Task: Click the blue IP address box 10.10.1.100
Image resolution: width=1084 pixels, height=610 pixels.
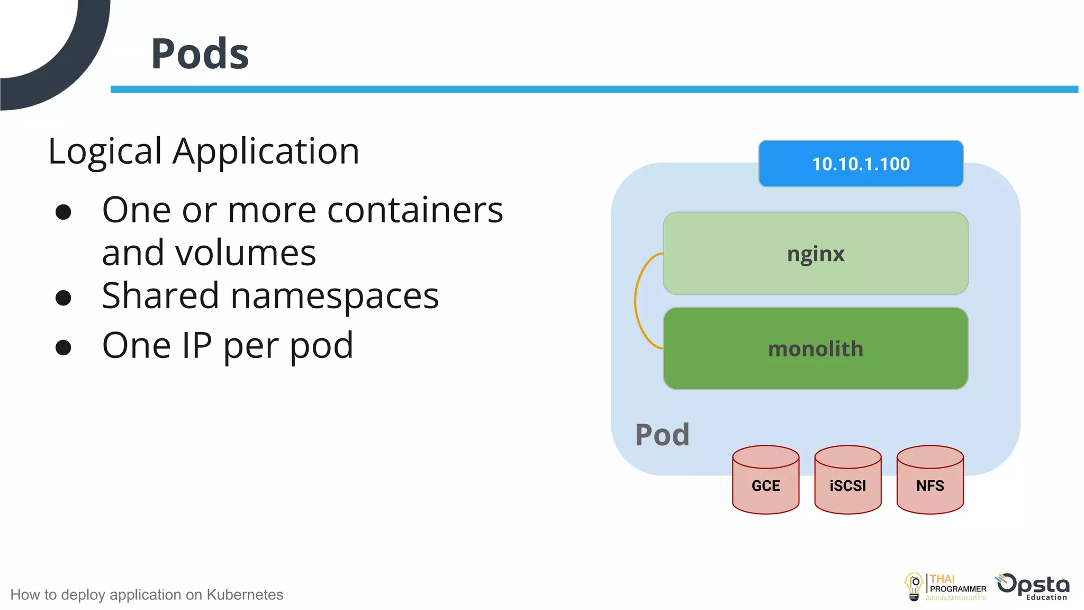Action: coord(861,164)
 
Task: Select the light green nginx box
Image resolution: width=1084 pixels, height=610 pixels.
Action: coord(815,254)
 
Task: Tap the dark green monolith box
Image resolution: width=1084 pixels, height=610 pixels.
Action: coord(815,349)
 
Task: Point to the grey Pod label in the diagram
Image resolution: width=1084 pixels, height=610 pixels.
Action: coord(662,435)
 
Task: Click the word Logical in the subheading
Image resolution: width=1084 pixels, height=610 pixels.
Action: coord(104,152)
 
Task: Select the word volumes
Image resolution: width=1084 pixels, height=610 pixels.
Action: coord(246,253)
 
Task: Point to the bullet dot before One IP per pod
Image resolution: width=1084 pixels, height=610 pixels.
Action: coord(64,347)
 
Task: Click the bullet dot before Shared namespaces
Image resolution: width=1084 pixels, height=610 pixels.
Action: coord(64,298)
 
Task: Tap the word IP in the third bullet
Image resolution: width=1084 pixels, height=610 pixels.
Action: coord(196,345)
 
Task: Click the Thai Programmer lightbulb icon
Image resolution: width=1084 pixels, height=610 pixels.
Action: coord(914,587)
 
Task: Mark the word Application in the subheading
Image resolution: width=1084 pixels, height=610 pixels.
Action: coord(266,152)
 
